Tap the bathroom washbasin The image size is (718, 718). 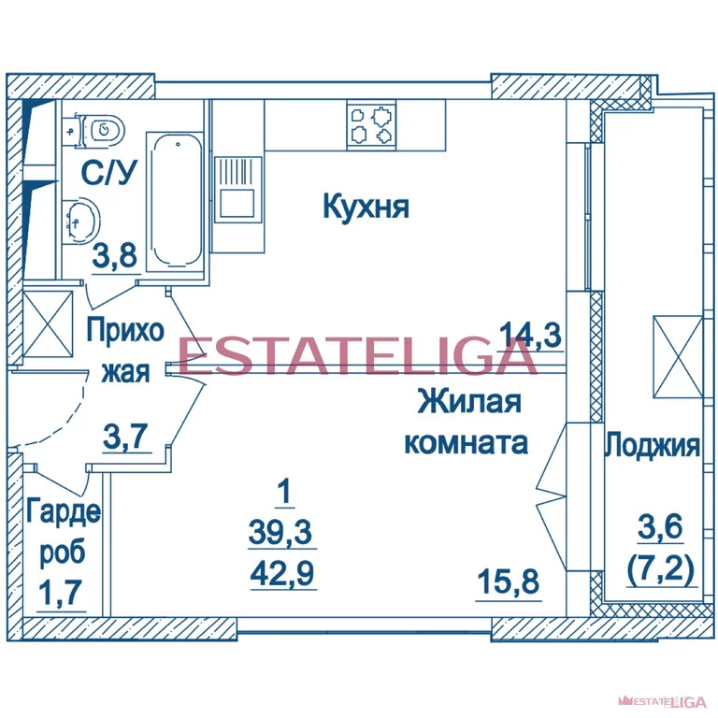point(81,222)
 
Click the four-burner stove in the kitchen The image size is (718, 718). point(372,124)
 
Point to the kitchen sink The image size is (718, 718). point(237,190)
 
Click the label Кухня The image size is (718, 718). point(366,207)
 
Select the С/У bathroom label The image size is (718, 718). point(109,173)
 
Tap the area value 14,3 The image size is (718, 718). point(530,335)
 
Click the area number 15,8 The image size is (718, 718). point(509,582)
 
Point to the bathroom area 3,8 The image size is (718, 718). point(115,255)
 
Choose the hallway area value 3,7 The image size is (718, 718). point(126,436)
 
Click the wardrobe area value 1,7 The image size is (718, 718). point(61,593)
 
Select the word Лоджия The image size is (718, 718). point(652,445)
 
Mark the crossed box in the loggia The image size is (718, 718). point(678,357)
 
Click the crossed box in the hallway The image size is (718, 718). point(48,323)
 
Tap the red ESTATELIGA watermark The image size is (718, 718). point(357,356)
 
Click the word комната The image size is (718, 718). point(467,443)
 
